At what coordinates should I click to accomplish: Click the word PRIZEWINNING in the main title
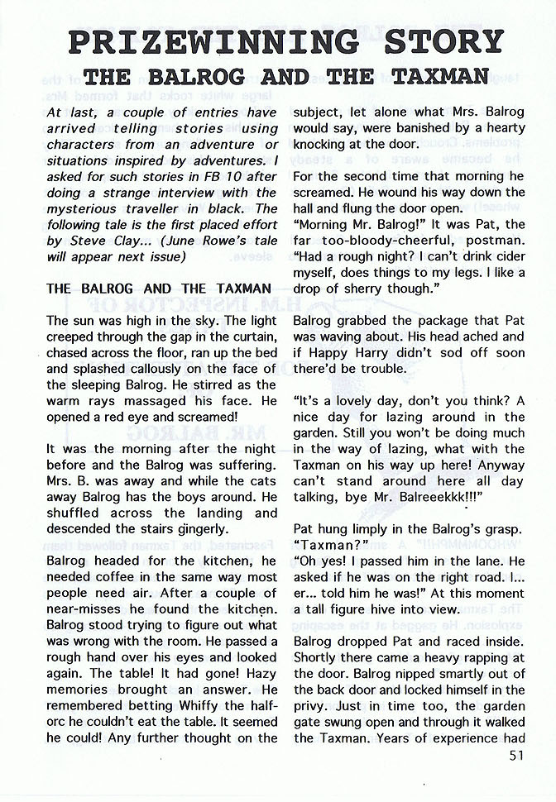[213, 41]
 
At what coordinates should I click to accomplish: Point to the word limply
[365, 529]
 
